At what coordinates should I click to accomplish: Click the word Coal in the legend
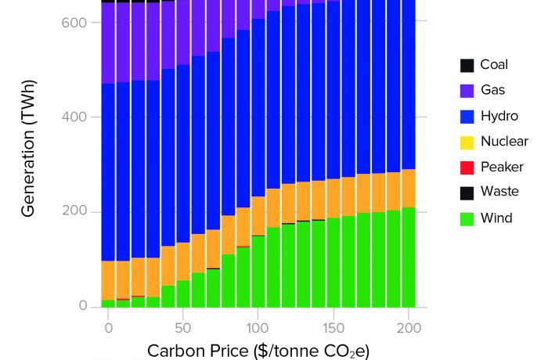point(494,65)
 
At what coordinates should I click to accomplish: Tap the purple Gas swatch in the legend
point(467,91)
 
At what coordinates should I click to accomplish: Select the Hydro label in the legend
point(499,116)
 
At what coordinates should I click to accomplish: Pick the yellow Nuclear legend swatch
point(467,142)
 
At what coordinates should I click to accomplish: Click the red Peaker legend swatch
point(467,167)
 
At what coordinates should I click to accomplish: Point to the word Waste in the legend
point(499,191)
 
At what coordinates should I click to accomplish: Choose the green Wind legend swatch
point(467,219)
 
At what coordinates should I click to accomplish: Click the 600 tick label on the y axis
point(74,23)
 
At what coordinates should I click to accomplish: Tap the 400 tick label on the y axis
point(74,117)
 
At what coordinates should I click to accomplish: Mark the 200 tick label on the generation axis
point(74,211)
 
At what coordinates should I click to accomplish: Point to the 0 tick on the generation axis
point(83,305)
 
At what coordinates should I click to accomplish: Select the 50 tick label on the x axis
point(182,328)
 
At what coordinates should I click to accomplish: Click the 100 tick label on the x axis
point(258,328)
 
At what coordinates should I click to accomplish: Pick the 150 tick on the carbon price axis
point(333,328)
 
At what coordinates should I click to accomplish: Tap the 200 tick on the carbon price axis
point(409,328)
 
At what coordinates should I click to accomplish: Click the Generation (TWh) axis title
point(29,149)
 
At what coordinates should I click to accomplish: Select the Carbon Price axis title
point(258,351)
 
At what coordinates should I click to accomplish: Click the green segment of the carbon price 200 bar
point(409,257)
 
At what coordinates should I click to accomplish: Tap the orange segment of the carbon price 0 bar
point(108,280)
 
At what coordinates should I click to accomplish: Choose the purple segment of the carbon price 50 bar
point(182,33)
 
